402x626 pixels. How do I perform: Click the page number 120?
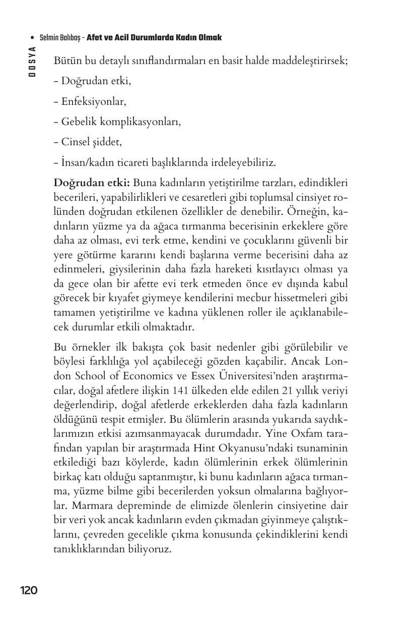tap(29, 590)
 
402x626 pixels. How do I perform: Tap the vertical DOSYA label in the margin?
tap(32, 61)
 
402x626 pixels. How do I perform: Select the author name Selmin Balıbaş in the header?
tap(61, 38)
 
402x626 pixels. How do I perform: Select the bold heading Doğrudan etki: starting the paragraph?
tap(92, 182)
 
